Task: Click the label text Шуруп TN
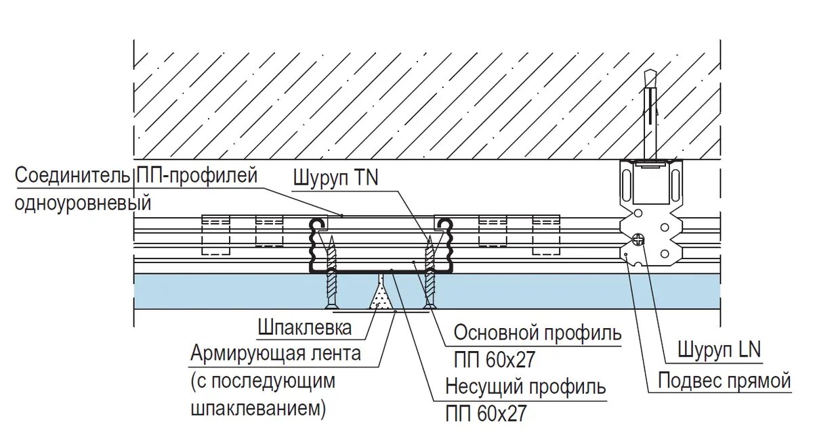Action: point(335,178)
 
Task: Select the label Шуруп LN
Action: point(720,350)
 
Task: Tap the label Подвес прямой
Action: point(724,381)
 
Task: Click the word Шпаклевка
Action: point(305,328)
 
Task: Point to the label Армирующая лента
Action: point(276,353)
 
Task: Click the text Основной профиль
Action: point(537,333)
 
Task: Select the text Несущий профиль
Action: point(525,388)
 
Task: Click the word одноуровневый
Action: point(83,202)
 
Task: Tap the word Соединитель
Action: point(72,176)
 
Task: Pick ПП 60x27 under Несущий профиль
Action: point(485,413)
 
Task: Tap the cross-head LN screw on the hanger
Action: point(638,238)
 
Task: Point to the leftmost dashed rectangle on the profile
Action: point(216,235)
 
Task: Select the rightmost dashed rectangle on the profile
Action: point(546,235)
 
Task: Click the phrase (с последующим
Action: point(263,381)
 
